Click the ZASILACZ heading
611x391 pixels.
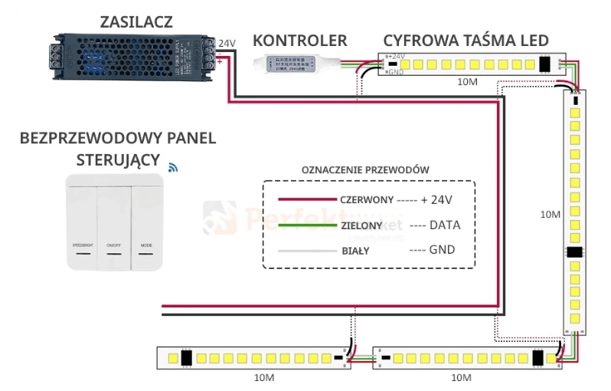pyautogui.click(x=136, y=21)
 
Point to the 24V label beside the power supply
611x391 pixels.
pyautogui.click(x=227, y=43)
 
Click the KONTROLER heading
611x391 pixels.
pyautogui.click(x=300, y=41)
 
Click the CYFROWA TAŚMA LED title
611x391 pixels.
pyautogui.click(x=466, y=41)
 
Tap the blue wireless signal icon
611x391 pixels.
pyautogui.click(x=173, y=166)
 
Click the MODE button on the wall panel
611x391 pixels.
pyautogui.click(x=146, y=222)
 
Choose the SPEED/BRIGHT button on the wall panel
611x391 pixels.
pyautogui.click(x=83, y=222)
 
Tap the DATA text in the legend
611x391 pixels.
pyautogui.click(x=444, y=226)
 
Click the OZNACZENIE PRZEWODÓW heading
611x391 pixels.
pyautogui.click(x=365, y=169)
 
